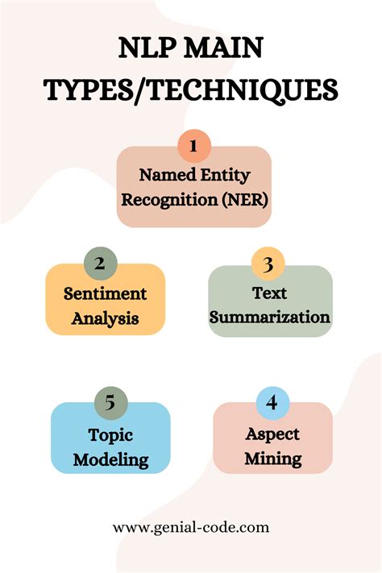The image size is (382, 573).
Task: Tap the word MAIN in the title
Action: click(x=223, y=48)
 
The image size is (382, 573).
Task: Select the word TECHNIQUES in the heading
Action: click(x=243, y=90)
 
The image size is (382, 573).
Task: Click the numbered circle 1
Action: click(x=193, y=146)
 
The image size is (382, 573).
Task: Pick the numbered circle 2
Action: click(x=100, y=264)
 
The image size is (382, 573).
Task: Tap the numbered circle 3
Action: click(x=268, y=264)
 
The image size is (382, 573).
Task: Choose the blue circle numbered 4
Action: click(x=272, y=403)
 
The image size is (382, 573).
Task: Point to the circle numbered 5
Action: click(x=110, y=403)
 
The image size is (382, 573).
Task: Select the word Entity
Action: click(x=226, y=175)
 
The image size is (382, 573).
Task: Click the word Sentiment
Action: click(x=106, y=293)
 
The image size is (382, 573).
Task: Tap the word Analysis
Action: click(x=106, y=318)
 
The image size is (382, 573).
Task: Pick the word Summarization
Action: click(x=270, y=317)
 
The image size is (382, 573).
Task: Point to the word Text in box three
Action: click(x=269, y=293)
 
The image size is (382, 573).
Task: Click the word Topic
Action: click(x=110, y=435)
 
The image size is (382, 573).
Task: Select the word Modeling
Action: click(x=110, y=459)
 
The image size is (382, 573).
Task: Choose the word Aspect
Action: click(x=272, y=434)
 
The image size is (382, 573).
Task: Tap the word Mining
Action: click(x=273, y=459)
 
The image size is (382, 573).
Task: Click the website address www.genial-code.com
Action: click(x=191, y=527)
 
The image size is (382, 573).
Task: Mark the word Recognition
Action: click(x=169, y=200)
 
